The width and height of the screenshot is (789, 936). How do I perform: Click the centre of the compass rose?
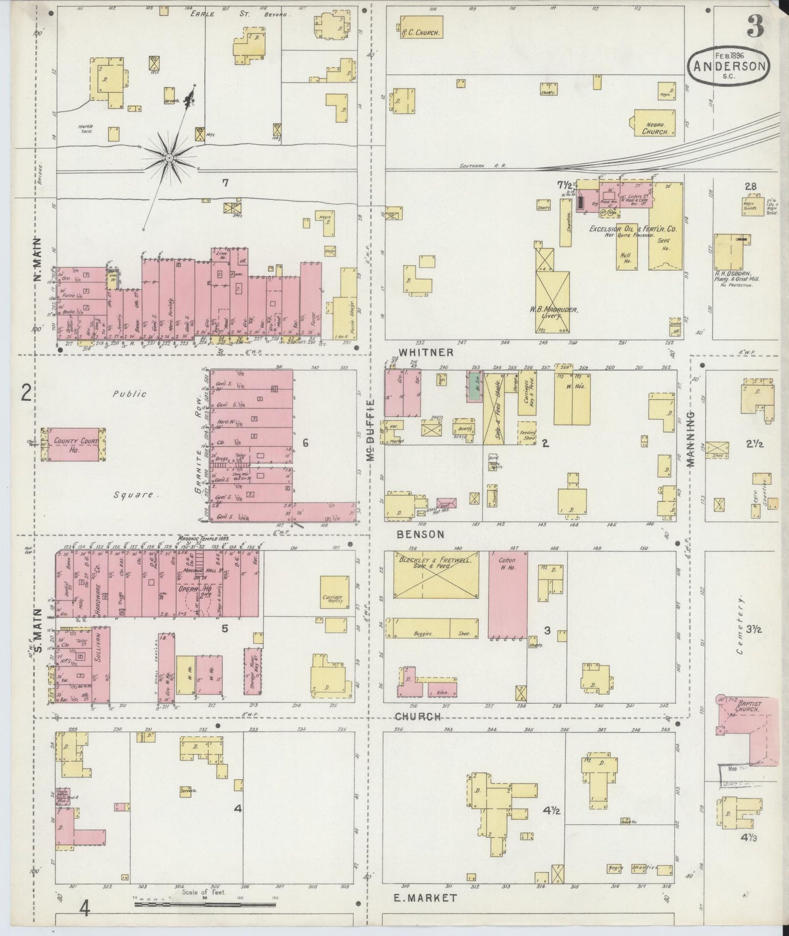pyautogui.click(x=169, y=158)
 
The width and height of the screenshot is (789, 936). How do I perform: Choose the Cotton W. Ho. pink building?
pyautogui.click(x=508, y=595)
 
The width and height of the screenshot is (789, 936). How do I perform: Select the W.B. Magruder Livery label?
pyautogui.click(x=553, y=311)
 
